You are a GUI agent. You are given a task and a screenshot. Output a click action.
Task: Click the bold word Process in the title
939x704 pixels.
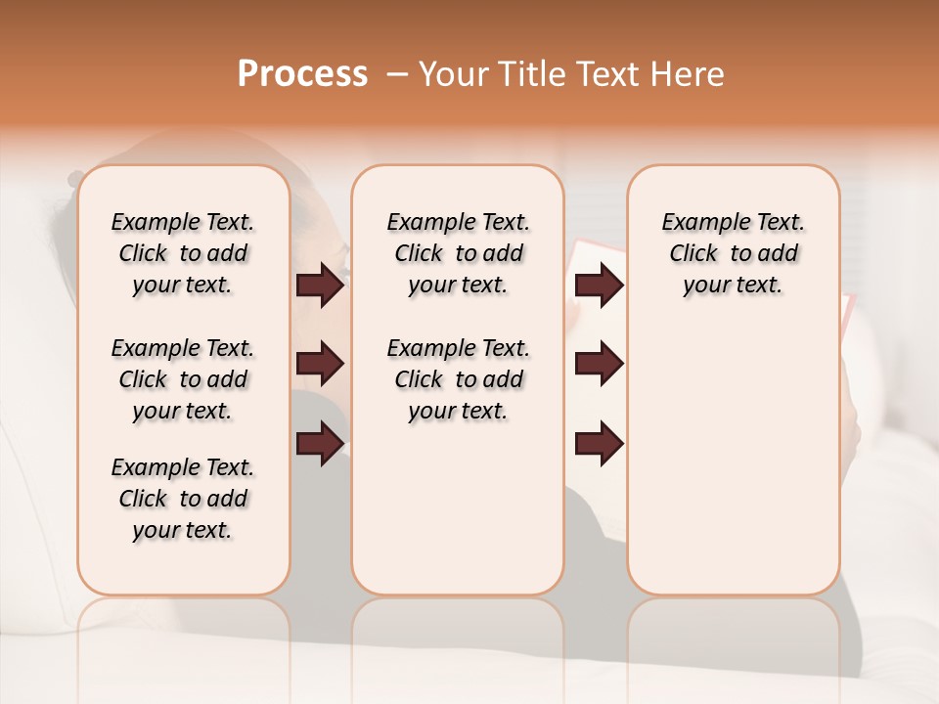point(302,74)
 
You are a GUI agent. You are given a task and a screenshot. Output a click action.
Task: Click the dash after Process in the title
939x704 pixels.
point(396,75)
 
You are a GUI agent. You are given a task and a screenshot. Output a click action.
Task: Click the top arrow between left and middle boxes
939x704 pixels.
point(320,286)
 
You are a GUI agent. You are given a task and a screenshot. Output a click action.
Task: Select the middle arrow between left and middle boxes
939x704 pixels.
point(320,364)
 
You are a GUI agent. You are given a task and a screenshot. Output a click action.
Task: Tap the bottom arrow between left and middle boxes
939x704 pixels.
point(320,444)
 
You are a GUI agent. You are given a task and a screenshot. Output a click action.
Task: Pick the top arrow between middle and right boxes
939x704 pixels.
point(600,286)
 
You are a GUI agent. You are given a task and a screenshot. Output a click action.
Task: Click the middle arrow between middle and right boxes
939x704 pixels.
point(600,364)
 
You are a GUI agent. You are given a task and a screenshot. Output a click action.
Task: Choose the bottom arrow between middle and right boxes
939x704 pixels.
point(600,444)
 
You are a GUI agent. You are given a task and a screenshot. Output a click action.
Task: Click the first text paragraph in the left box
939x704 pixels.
point(183,253)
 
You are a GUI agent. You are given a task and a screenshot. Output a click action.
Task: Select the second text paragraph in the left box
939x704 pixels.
point(183,379)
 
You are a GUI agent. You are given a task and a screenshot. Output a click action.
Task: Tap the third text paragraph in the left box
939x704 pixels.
point(183,499)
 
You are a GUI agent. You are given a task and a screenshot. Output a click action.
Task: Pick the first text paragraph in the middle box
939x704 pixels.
point(458,253)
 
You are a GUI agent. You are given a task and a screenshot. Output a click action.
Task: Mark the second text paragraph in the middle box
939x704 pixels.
point(458,379)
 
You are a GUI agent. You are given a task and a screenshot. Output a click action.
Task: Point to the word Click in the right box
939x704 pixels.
point(693,254)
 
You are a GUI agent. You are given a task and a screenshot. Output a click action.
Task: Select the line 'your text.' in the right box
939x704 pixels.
point(733,286)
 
